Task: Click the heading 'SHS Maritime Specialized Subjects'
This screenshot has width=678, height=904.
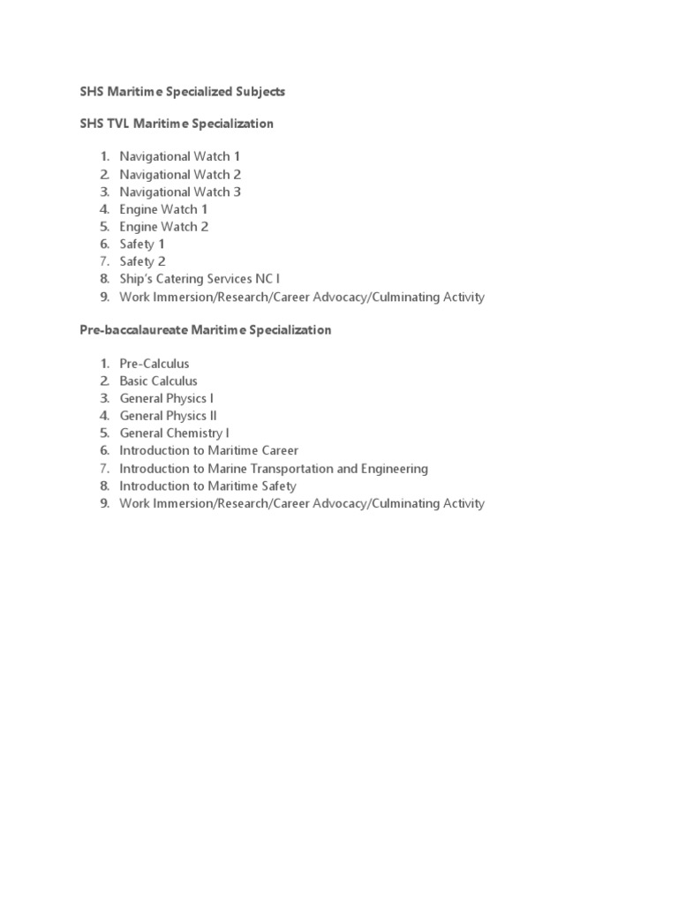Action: click(183, 92)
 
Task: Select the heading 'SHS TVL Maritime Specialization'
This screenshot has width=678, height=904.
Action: click(177, 124)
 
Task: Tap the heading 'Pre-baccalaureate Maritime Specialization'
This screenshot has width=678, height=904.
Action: click(206, 330)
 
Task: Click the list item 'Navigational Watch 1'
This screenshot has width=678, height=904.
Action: click(180, 157)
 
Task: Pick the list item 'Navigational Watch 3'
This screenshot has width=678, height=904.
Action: click(180, 192)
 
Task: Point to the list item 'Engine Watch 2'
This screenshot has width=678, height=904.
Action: click(164, 227)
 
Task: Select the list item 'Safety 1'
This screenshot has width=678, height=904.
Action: click(142, 245)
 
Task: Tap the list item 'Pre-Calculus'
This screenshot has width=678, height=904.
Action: click(154, 364)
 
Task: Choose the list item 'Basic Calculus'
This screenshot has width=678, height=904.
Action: click(159, 381)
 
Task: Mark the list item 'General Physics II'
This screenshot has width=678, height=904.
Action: click(169, 416)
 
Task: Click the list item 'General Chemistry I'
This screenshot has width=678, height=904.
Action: click(175, 433)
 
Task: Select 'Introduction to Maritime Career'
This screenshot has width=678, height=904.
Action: click(209, 451)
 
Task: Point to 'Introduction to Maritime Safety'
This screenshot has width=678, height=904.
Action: click(208, 486)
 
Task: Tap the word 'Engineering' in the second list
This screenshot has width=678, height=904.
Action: click(395, 469)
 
